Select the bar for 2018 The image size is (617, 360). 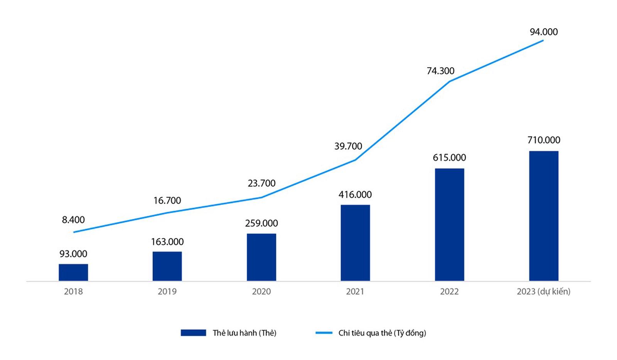(x=73, y=272)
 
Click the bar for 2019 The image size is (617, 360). (x=167, y=266)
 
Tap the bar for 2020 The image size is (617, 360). (x=261, y=257)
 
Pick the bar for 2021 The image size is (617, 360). (x=355, y=243)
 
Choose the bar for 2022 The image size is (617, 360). (x=449, y=225)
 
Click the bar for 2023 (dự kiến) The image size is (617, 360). (x=543, y=216)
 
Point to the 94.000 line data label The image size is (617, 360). (x=544, y=32)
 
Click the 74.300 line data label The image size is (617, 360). (x=440, y=71)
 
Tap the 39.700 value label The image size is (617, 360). (x=348, y=146)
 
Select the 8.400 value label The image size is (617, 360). (x=73, y=220)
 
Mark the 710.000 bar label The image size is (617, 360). (x=544, y=140)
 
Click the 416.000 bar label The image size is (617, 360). (x=355, y=194)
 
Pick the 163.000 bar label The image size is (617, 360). (x=167, y=242)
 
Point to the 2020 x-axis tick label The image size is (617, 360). (x=261, y=292)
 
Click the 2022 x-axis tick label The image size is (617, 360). (x=449, y=292)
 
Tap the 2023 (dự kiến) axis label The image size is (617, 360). (x=543, y=292)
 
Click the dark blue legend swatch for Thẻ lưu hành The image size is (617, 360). (x=193, y=333)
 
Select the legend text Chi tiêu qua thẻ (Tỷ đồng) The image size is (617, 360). (x=382, y=333)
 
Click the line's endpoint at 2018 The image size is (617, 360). (x=73, y=232)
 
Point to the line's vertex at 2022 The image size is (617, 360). (x=449, y=81)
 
